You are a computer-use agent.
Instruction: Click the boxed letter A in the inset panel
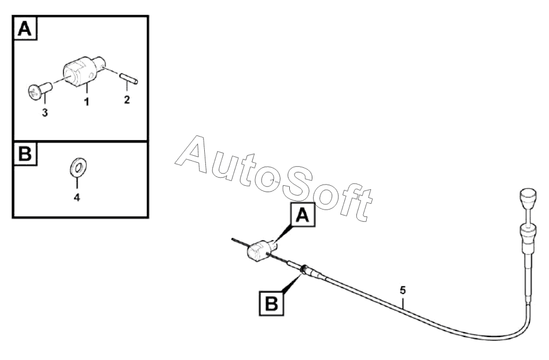point(24,28)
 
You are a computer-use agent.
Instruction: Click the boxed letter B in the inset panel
point(24,155)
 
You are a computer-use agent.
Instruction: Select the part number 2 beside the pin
point(127,100)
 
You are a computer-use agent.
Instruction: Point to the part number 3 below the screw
point(45,112)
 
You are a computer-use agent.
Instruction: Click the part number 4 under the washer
point(76,197)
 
